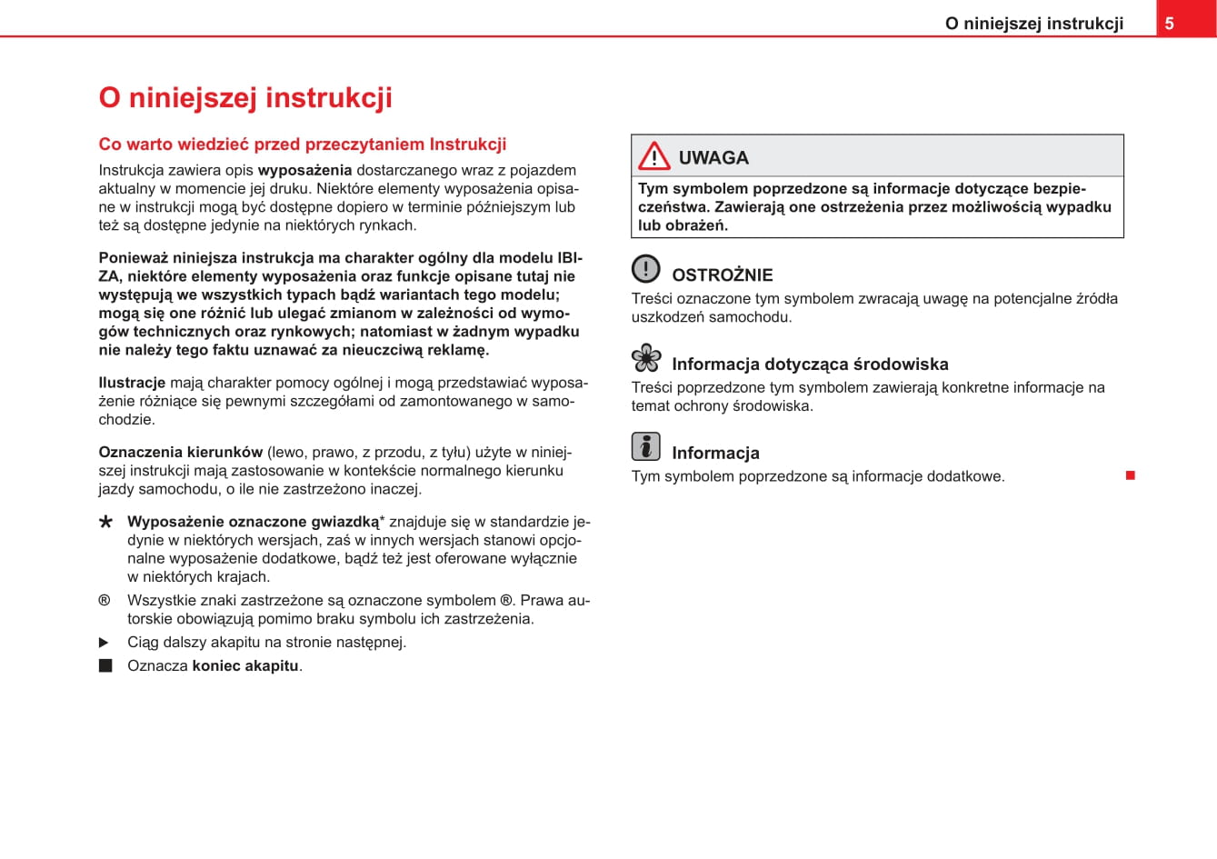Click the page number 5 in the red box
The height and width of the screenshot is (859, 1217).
[1170, 24]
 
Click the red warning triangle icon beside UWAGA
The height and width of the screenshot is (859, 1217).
[653, 156]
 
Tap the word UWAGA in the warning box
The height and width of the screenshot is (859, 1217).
[713, 158]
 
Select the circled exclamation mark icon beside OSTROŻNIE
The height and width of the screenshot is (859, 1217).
[646, 269]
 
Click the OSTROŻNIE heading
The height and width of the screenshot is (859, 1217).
[722, 275]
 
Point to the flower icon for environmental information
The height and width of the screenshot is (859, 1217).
[646, 358]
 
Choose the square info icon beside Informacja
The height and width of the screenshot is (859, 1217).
[646, 446]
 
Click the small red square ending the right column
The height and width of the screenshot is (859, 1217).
[1131, 475]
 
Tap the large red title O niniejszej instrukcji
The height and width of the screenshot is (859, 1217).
[245, 97]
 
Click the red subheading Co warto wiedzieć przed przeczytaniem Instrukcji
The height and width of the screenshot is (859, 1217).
[303, 145]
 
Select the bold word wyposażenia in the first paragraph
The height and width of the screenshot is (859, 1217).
[304, 170]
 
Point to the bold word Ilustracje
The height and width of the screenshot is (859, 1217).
[132, 383]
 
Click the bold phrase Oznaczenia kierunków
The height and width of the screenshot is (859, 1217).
[180, 452]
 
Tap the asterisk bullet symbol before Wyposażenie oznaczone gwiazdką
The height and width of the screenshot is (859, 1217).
[106, 523]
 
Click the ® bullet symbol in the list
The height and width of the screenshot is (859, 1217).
[105, 600]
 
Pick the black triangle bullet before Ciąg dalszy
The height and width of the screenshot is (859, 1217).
[104, 643]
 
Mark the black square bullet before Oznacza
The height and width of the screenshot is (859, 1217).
[105, 665]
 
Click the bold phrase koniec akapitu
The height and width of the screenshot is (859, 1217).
[245, 665]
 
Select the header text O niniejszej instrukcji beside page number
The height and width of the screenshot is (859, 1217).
[1033, 24]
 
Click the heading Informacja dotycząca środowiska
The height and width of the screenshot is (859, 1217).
[809, 365]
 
